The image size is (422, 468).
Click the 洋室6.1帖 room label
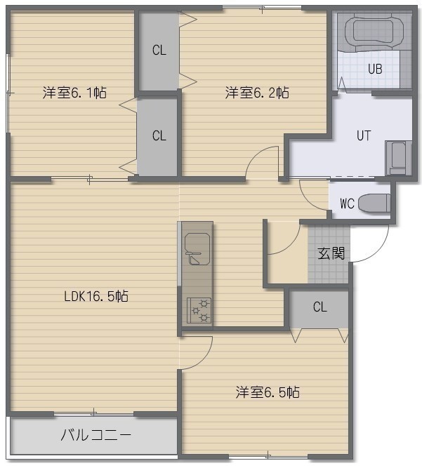[x=74, y=93]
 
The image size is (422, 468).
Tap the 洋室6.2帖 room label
[x=257, y=93]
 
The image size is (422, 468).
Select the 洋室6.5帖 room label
[x=268, y=392]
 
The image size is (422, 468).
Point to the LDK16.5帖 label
[x=96, y=296]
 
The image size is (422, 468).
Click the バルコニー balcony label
[x=96, y=435]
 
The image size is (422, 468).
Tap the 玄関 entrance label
[x=331, y=253]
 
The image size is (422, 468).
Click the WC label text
[x=347, y=203]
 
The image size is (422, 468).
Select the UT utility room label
[x=364, y=135]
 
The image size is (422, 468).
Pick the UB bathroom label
[x=375, y=69]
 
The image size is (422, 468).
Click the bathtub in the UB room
[x=374, y=32]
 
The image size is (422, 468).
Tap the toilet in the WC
[x=374, y=203]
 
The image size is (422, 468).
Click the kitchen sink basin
[x=197, y=248]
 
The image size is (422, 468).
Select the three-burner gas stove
[x=199, y=310]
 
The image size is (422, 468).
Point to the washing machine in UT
[x=398, y=158]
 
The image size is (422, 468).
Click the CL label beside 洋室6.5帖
[x=320, y=307]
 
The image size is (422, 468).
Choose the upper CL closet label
[x=159, y=50]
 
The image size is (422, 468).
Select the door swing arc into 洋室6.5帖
[x=202, y=359]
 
